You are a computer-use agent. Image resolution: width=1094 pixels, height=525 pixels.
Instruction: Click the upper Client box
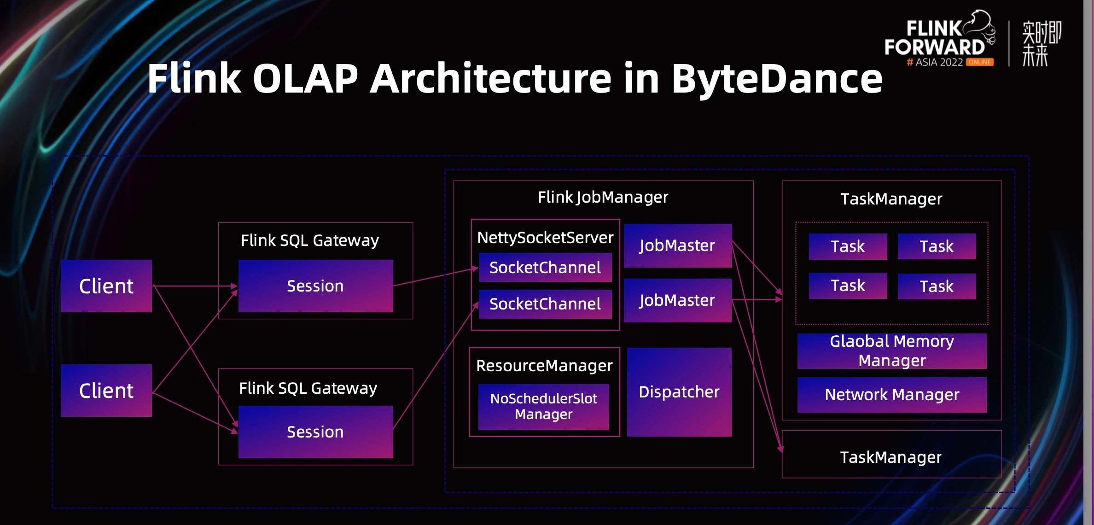coord(106,286)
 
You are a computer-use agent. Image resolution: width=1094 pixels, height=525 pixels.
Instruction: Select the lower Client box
coord(106,391)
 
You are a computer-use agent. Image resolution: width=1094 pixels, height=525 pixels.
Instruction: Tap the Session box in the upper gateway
coord(315,286)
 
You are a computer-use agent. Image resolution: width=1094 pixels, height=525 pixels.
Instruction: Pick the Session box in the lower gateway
coord(315,432)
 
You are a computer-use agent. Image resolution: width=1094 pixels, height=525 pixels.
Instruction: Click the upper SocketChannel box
coord(545,268)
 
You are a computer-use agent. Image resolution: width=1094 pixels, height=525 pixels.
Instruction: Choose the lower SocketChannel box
coord(545,304)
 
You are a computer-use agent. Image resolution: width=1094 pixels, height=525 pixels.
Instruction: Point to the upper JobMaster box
coord(677,245)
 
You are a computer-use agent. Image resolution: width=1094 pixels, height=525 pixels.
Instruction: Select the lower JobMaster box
coord(677,300)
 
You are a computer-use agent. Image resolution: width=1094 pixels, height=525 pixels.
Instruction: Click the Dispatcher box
coord(679,392)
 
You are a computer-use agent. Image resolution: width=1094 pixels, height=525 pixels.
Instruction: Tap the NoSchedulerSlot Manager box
coord(543,407)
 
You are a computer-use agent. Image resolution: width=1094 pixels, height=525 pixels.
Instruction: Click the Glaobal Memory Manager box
coord(891,351)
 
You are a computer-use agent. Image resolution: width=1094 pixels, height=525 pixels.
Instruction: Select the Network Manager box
coord(891,395)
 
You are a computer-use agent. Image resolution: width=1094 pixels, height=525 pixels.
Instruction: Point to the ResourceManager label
coord(544,366)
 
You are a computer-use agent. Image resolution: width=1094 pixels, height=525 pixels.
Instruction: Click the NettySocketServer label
coord(545,238)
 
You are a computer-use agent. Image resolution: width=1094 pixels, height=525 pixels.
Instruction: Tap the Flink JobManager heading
coord(603,197)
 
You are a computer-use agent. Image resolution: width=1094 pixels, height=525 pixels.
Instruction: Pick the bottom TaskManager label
coord(891,457)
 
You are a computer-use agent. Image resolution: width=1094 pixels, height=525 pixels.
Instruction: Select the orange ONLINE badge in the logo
coord(979,62)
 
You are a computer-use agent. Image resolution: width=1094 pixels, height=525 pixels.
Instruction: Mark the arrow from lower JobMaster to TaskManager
coord(757,300)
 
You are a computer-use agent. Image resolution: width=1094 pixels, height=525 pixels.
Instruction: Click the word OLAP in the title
coord(305,78)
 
